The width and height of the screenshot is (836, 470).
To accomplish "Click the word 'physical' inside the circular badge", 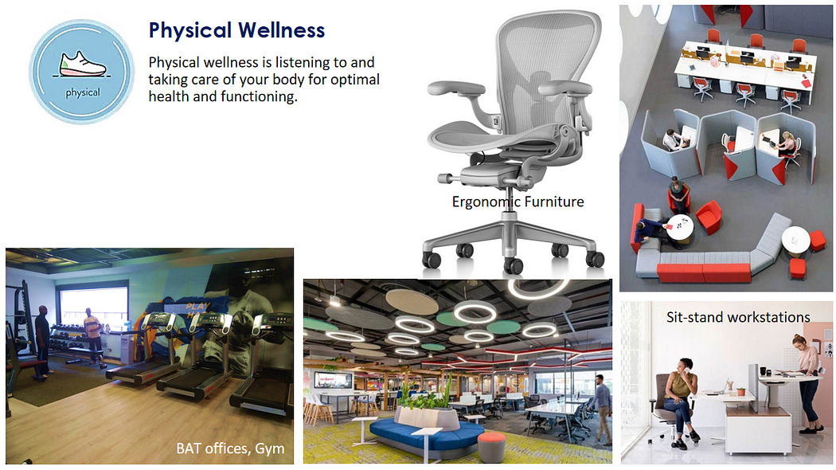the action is click(x=83, y=93).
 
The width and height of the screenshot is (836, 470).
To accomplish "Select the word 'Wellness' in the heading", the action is click(x=281, y=30).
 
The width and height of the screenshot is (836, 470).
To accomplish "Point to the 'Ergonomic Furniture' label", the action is click(x=518, y=202).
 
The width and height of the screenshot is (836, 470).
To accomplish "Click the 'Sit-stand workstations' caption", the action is click(x=738, y=317).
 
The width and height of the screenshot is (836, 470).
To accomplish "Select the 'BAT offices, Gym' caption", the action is click(x=230, y=448).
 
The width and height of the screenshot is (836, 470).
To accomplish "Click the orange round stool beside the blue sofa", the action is click(x=491, y=445).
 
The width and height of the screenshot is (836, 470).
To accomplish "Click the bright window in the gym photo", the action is click(x=94, y=304).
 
